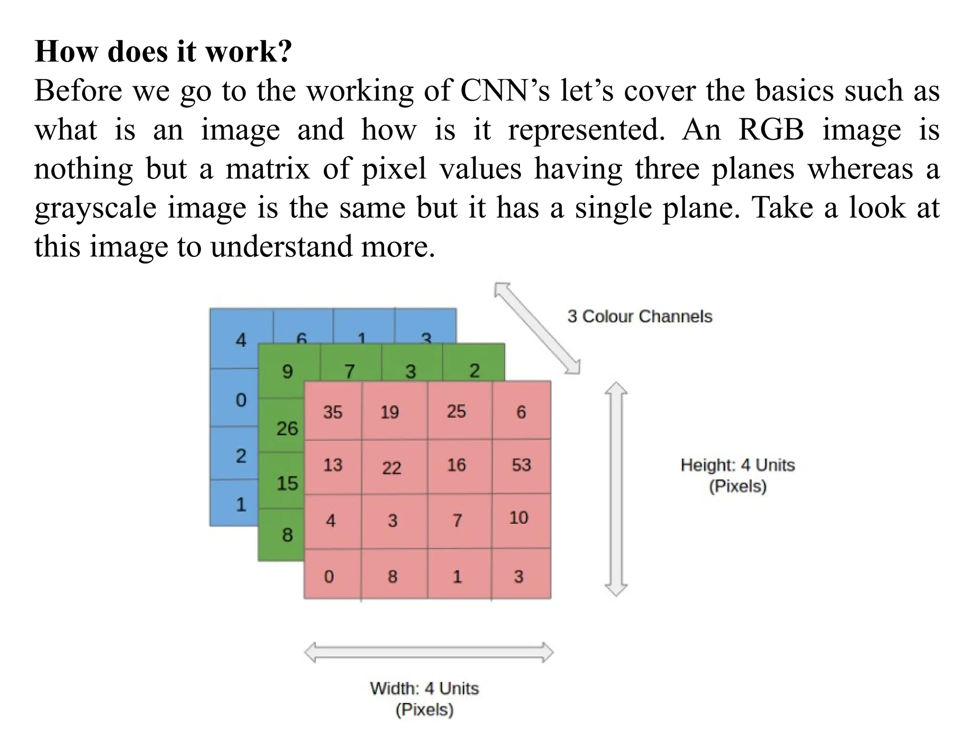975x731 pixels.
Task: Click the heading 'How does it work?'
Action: [163, 51]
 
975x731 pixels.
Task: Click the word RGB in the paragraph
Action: [771, 129]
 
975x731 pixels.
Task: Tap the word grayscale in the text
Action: [95, 208]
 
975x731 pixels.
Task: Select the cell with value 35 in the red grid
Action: [333, 412]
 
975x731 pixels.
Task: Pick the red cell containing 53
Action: [521, 465]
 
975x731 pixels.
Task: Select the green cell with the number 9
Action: [288, 371]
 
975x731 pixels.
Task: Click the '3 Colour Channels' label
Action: [639, 316]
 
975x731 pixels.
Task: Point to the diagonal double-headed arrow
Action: [537, 329]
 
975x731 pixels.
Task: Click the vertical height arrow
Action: [616, 488]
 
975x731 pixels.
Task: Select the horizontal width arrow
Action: [428, 652]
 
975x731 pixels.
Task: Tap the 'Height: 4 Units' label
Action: [737, 465]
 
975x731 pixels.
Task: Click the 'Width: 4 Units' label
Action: [424, 689]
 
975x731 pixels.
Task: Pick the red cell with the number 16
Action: [456, 465]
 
